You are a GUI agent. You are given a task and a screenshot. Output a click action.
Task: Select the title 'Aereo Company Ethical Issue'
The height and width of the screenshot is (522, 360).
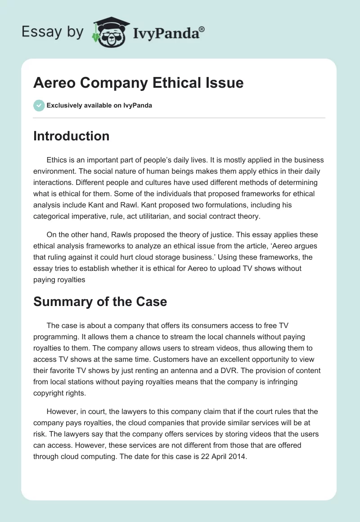(139, 82)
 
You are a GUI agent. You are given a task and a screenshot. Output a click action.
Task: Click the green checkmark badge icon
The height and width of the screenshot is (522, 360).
(39, 105)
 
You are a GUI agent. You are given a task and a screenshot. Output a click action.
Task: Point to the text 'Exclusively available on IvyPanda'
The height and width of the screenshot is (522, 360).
(99, 105)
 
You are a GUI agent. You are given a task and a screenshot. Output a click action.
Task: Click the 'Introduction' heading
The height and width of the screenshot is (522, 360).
(71, 136)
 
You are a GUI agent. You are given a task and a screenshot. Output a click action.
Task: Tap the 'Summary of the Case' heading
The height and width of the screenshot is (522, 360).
(100, 301)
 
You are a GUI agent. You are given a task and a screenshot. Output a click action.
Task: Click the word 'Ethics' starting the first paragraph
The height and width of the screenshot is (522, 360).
(56, 160)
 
